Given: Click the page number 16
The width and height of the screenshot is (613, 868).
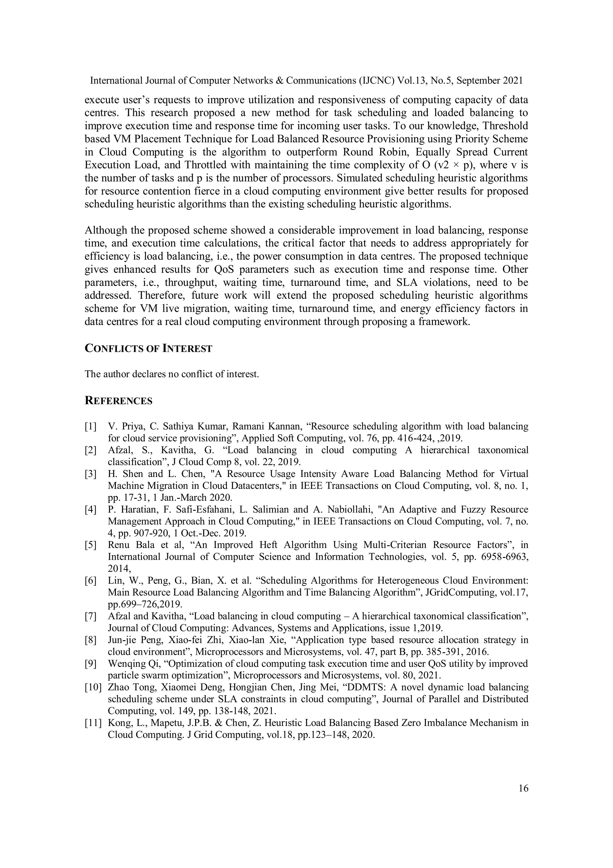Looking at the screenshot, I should (x=524, y=788).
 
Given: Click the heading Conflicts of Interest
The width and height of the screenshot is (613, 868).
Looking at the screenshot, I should (x=148, y=348).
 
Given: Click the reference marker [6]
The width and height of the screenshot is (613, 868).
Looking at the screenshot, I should (x=91, y=581).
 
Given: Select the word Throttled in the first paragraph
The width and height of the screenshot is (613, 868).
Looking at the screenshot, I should (x=206, y=165).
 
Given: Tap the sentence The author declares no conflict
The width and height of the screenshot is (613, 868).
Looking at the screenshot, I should (x=172, y=374).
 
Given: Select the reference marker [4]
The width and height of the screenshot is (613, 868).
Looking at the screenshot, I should (x=91, y=510).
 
